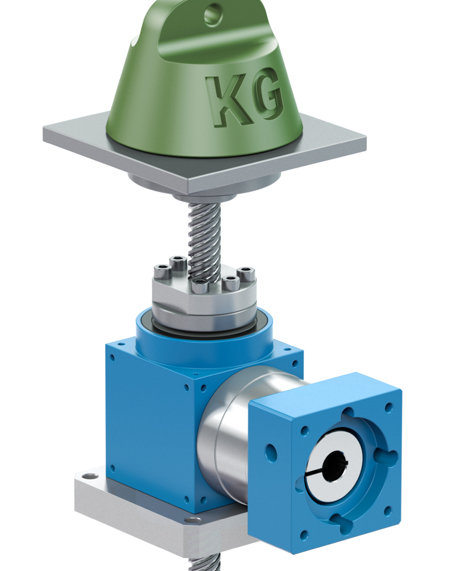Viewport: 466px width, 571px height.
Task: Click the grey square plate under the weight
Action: (x=204, y=153)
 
